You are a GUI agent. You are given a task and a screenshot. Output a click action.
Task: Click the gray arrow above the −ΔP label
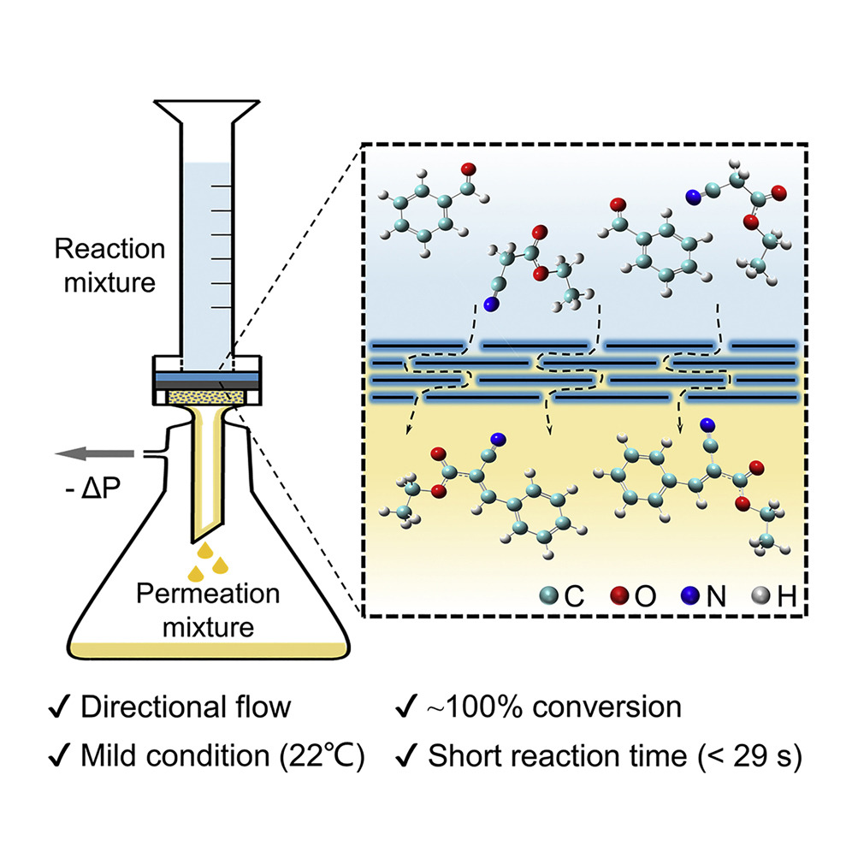[95, 453]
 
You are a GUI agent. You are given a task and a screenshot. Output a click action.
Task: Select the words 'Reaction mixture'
[109, 266]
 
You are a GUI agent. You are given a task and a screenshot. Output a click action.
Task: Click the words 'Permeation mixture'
[208, 610]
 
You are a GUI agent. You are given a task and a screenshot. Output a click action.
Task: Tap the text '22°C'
[322, 756]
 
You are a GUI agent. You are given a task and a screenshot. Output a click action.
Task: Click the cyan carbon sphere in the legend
[549, 596]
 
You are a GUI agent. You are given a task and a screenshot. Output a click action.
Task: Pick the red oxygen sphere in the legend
[618, 596]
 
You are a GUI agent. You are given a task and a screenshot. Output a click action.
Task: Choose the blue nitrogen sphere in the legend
[690, 596]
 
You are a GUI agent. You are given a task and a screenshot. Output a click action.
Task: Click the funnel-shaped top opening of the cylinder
[206, 112]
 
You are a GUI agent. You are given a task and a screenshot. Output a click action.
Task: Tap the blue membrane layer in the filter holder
[207, 377]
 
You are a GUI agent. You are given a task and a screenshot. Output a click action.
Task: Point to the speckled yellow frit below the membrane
[206, 398]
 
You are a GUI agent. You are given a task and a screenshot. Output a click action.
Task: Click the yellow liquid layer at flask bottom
[208, 650]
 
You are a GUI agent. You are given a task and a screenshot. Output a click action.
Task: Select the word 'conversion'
[606, 707]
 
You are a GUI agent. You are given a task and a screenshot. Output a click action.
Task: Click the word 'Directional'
[153, 707]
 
